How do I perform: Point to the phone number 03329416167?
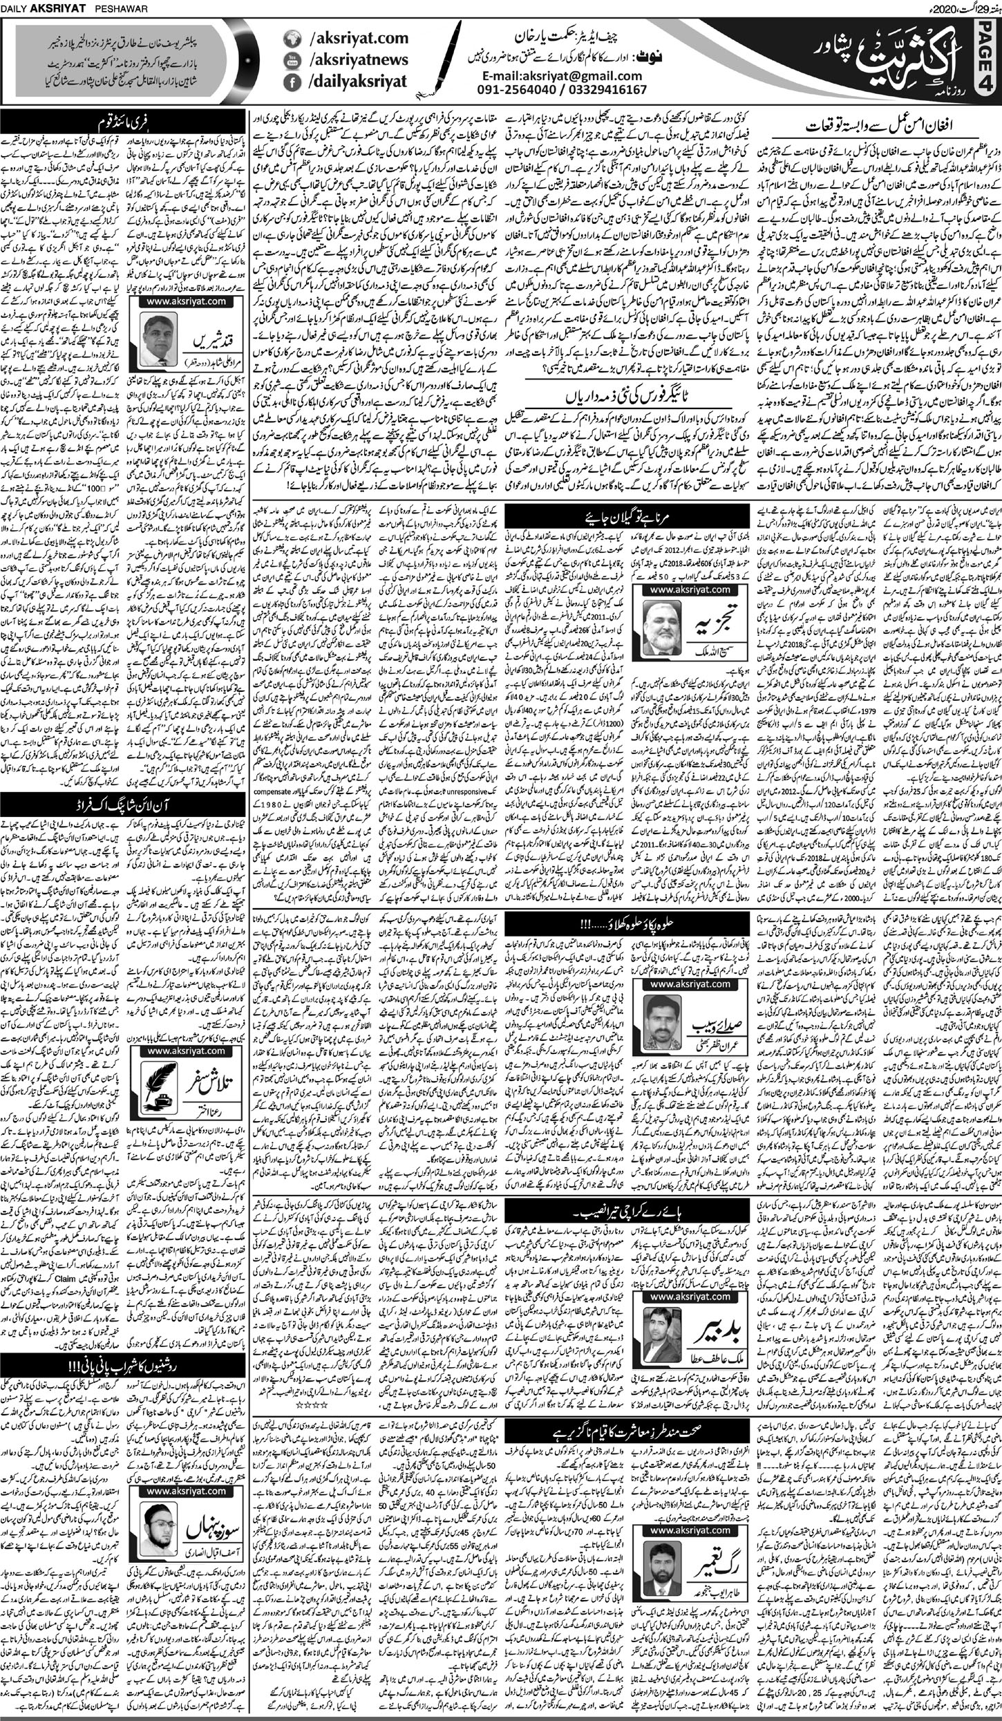point(608,90)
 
